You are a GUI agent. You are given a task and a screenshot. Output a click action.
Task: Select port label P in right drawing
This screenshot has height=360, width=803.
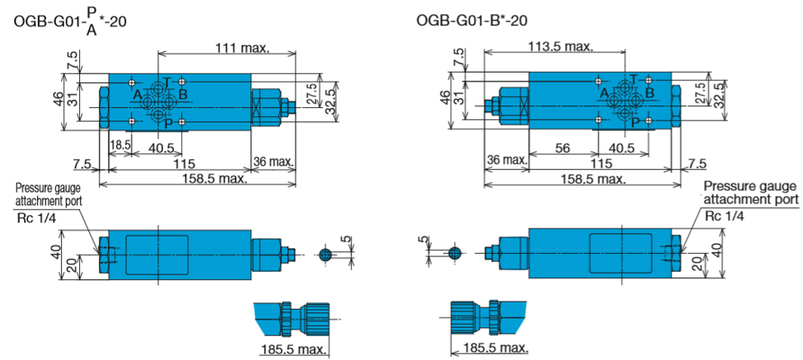tap(634, 121)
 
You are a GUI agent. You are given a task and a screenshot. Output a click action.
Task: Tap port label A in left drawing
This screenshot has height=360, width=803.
tap(137, 94)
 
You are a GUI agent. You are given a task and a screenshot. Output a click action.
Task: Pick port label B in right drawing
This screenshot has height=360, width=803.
tap(649, 93)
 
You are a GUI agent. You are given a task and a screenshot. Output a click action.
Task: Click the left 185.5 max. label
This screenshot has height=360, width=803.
tap(293, 350)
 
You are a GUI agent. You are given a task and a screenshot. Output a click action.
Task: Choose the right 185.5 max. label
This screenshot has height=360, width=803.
tap(495, 348)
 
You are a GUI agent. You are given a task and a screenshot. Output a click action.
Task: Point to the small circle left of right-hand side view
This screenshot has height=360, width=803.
tap(455, 252)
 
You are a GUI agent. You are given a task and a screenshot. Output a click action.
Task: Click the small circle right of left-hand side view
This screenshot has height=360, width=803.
tap(324, 255)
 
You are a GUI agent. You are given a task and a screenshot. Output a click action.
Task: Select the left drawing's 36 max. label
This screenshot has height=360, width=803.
tap(273, 161)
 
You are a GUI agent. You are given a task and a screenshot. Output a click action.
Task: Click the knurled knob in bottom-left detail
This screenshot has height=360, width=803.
tap(315, 318)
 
